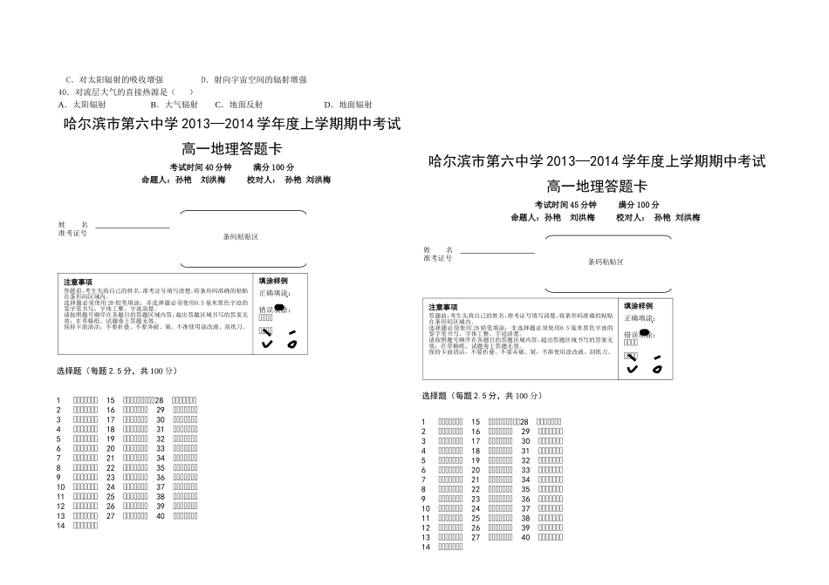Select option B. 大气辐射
(x=175, y=104)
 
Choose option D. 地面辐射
(x=348, y=104)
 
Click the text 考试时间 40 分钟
(x=201, y=167)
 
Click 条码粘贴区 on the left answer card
(x=241, y=237)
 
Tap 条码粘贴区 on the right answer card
(x=606, y=262)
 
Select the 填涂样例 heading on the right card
(x=638, y=306)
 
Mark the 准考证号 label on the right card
(x=438, y=258)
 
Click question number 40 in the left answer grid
(x=161, y=515)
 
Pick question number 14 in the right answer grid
(x=427, y=548)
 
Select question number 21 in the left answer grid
(x=111, y=458)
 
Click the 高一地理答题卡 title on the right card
(x=597, y=186)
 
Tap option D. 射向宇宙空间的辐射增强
(x=255, y=79)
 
